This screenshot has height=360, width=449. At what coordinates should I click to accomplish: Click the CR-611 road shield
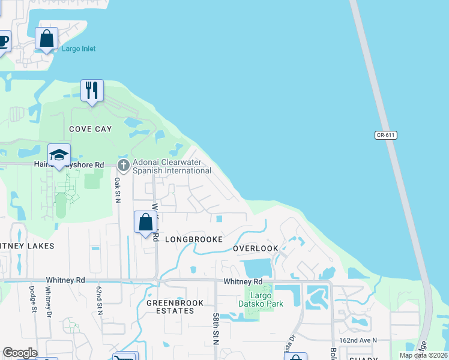click(x=386, y=135)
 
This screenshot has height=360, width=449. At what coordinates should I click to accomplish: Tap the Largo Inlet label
click(x=79, y=49)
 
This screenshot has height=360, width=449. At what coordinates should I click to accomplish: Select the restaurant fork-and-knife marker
click(x=92, y=91)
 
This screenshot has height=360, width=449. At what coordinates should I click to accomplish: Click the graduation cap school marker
click(x=59, y=155)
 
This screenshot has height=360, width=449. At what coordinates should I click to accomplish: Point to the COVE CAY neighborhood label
click(x=91, y=129)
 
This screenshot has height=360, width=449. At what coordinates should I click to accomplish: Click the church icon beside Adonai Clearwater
click(x=123, y=164)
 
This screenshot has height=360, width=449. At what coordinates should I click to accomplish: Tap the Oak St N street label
click(x=118, y=189)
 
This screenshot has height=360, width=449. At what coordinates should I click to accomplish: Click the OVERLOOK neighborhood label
click(x=255, y=248)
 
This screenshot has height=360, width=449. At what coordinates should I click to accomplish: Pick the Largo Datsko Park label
click(x=264, y=299)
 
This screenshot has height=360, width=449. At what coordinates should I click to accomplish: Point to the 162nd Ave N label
click(x=358, y=340)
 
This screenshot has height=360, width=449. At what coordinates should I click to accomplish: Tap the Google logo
click(x=19, y=353)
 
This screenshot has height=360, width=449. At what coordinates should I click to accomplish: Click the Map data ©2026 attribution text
click(x=423, y=355)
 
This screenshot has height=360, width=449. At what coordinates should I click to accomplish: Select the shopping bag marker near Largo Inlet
click(x=46, y=39)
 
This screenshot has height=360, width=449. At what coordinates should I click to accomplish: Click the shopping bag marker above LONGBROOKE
click(x=145, y=223)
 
